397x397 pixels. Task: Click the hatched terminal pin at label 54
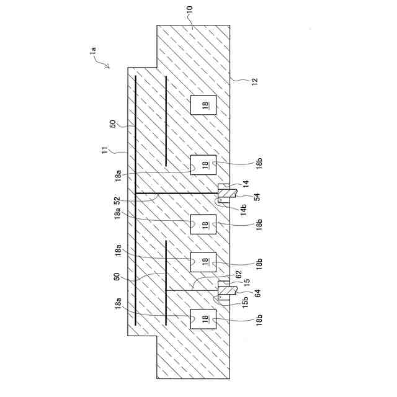tap(224, 193)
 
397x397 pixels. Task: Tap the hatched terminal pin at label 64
tap(224, 289)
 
